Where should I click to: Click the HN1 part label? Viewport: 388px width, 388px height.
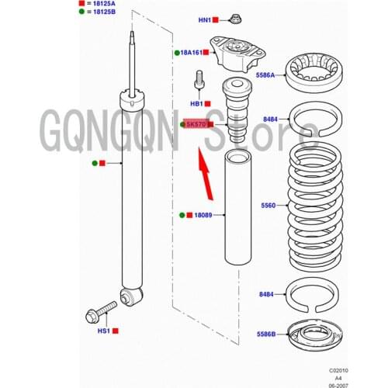(205, 20)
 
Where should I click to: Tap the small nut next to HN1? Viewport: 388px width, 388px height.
(235, 19)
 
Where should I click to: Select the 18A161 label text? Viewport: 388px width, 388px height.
(192, 53)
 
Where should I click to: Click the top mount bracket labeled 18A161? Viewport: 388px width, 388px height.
(237, 54)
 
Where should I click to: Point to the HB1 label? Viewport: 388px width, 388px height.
(196, 104)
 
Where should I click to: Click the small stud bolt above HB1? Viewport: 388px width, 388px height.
(199, 80)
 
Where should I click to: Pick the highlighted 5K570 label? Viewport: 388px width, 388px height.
(196, 124)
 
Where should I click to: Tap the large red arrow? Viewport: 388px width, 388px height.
(206, 174)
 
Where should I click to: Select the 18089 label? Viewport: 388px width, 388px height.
(203, 215)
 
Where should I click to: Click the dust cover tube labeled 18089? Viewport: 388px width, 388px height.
(237, 208)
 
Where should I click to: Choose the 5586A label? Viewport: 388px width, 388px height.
(265, 75)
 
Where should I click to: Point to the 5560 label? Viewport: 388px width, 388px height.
(268, 206)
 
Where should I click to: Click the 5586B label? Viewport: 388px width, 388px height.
(266, 334)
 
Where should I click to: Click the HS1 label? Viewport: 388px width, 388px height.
(104, 331)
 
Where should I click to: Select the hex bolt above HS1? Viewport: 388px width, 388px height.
(101, 312)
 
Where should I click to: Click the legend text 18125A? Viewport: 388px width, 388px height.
(104, 4)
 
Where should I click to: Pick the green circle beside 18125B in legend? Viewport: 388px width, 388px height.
(81, 12)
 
